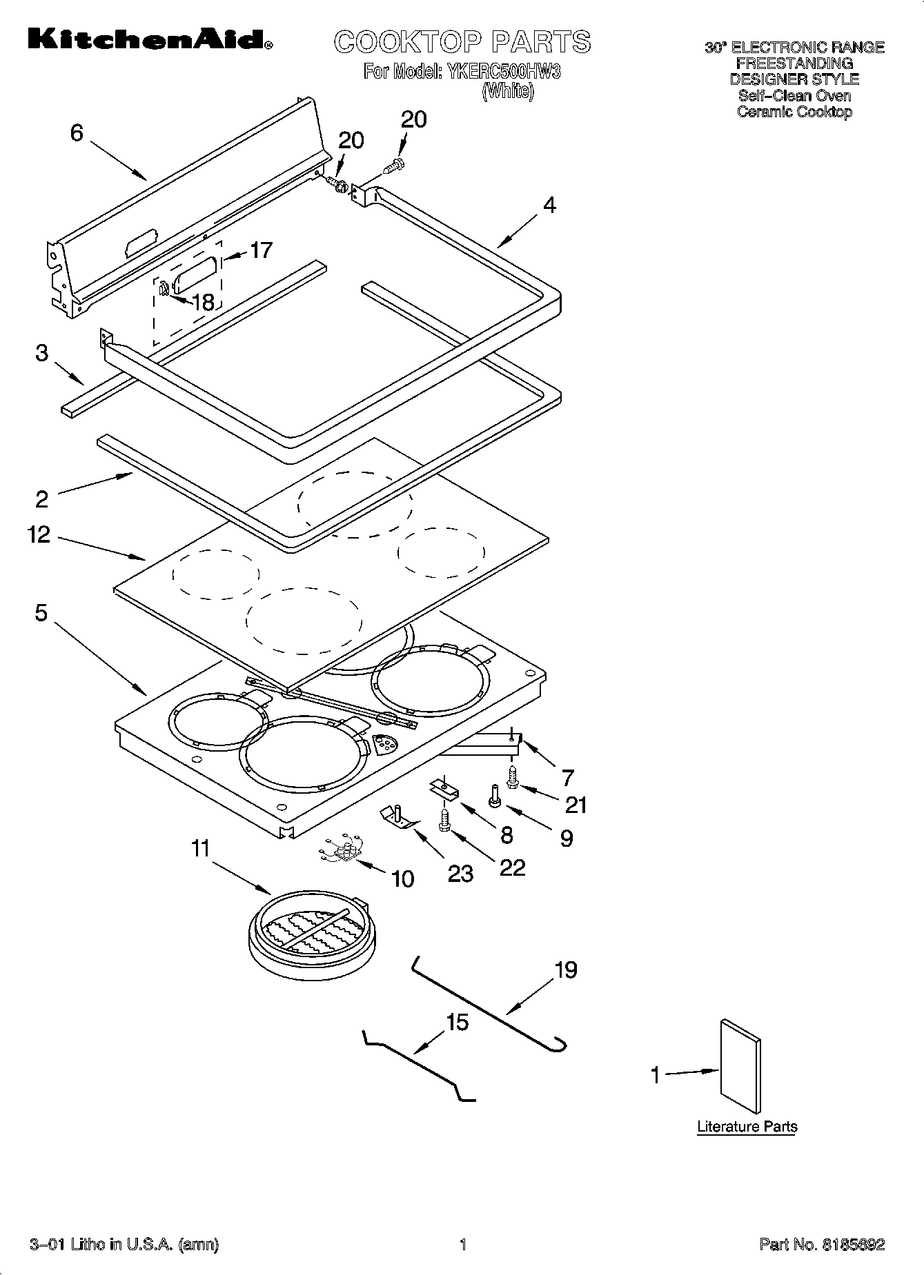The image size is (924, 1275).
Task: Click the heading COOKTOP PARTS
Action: point(462,42)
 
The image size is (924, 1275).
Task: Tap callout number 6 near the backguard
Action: point(77,132)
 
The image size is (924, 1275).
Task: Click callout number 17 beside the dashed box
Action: point(260,250)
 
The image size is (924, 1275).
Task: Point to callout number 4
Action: point(549,205)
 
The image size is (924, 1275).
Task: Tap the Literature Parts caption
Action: point(747,1127)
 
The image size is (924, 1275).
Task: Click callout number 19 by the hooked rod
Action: point(565,970)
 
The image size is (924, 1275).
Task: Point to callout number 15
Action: point(457,1022)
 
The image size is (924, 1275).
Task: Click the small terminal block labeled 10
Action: point(342,851)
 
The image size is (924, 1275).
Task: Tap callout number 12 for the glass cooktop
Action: point(39,534)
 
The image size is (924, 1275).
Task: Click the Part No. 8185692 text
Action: point(821,1245)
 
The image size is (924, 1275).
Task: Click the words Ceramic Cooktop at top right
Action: point(794,112)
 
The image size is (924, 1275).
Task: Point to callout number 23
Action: point(460,873)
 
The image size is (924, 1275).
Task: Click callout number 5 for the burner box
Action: point(41,612)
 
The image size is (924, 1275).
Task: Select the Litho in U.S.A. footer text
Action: point(124,1245)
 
